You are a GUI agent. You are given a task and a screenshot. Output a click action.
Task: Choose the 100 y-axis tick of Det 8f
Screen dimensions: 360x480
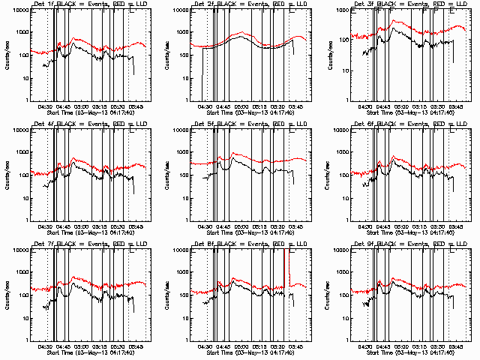187,295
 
